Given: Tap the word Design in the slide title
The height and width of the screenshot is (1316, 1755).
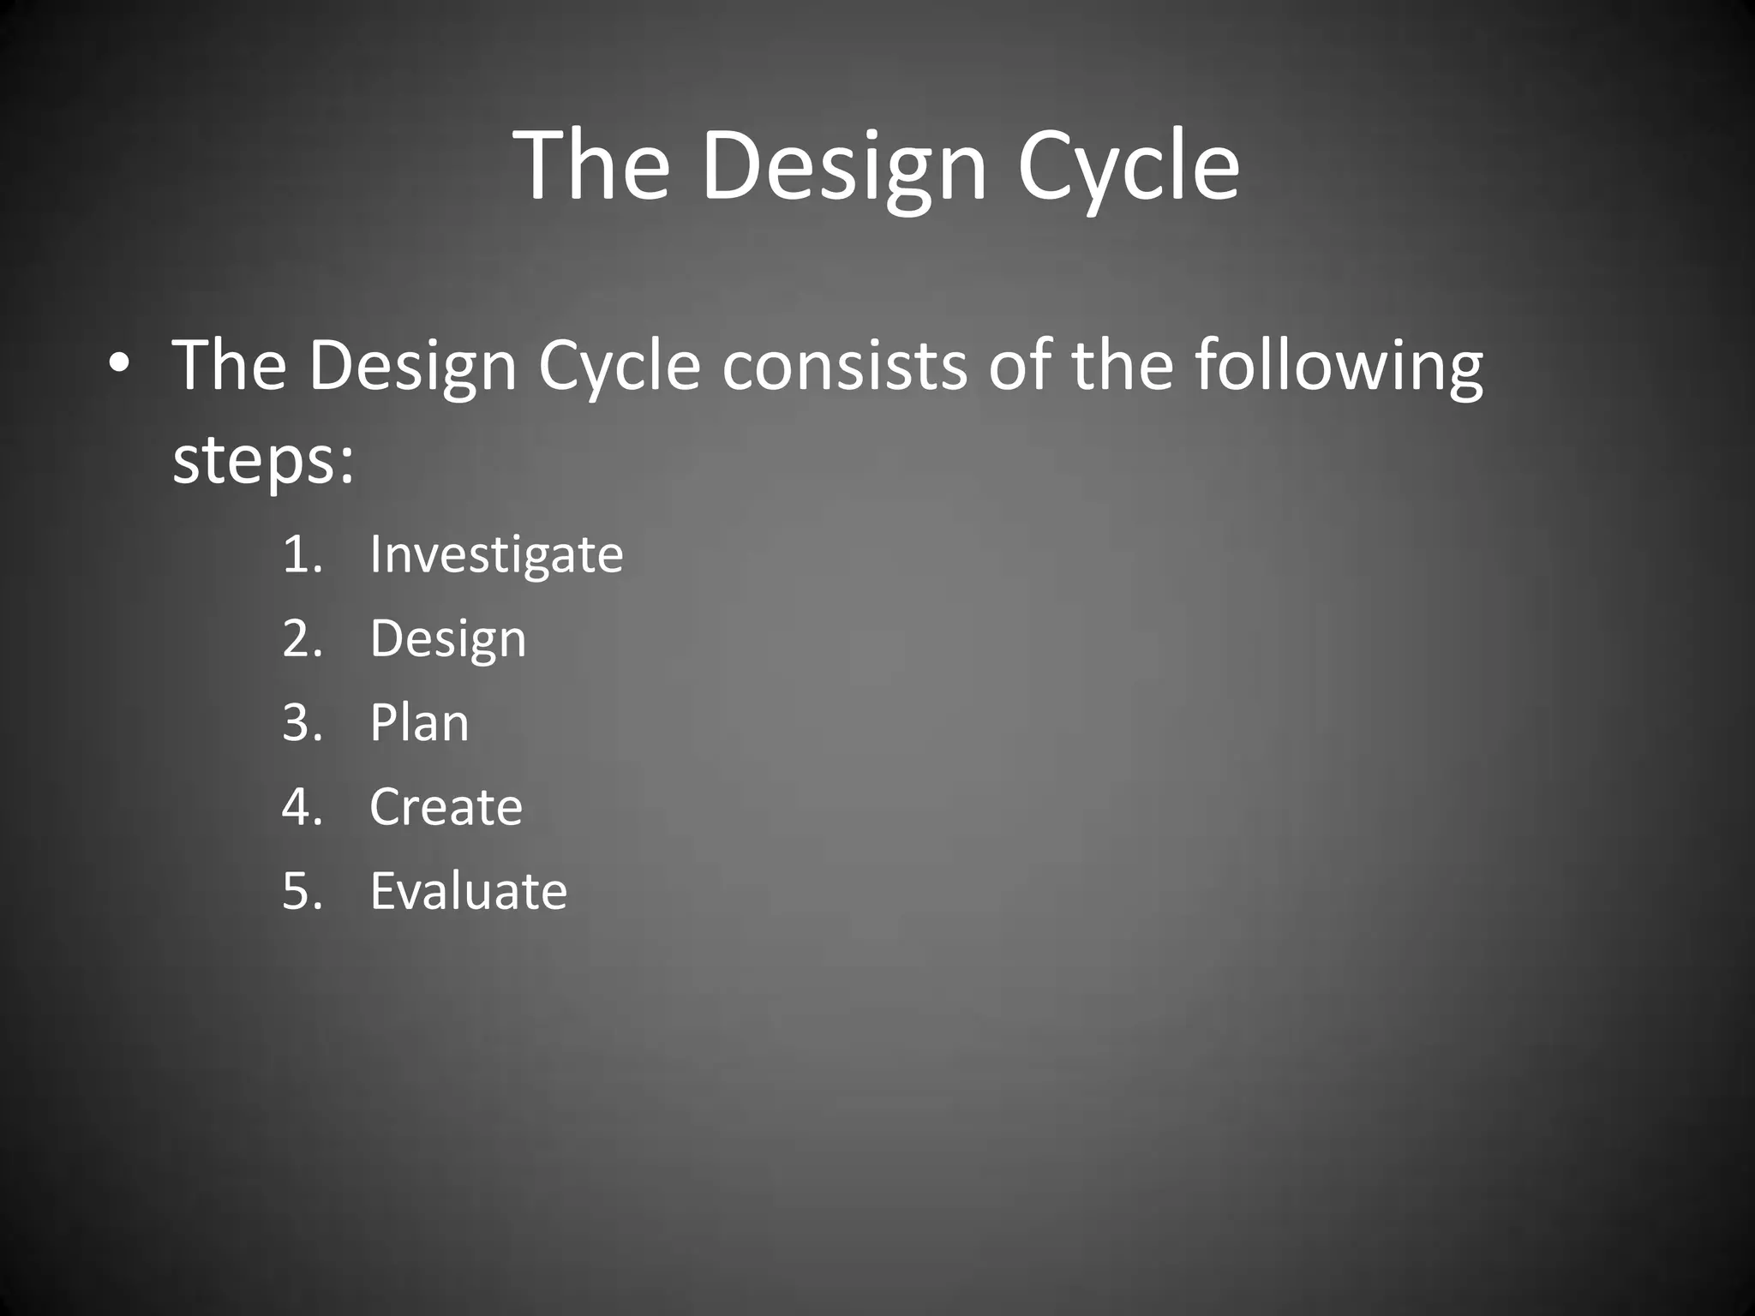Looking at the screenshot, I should [844, 168].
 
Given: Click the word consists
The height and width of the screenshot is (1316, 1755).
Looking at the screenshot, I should [844, 366].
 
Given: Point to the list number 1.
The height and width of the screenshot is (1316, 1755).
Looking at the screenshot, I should [301, 554].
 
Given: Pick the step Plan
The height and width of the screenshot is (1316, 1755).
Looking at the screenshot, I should [419, 723].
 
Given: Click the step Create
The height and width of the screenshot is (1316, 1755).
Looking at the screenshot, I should [446, 806].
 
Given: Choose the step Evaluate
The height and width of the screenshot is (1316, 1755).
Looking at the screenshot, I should [468, 890].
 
